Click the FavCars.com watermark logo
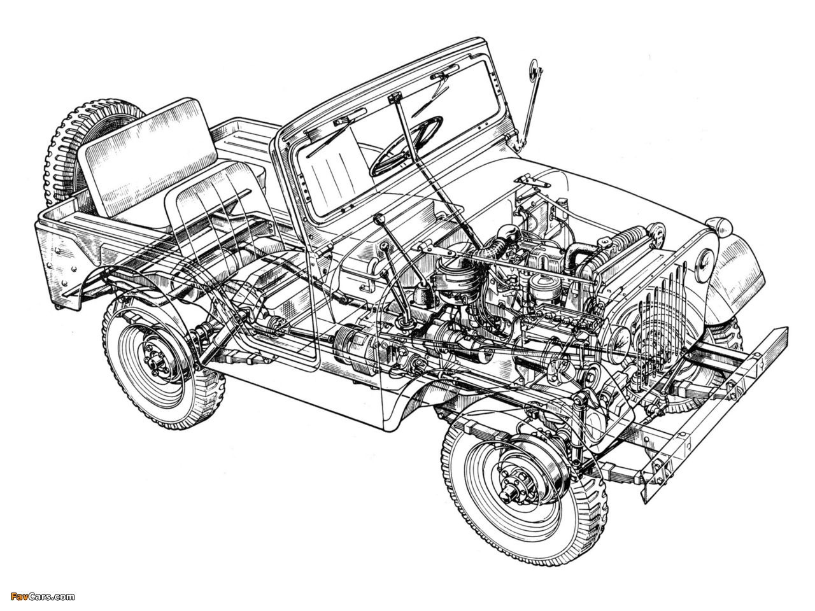[42, 596]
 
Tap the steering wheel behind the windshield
[406, 145]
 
